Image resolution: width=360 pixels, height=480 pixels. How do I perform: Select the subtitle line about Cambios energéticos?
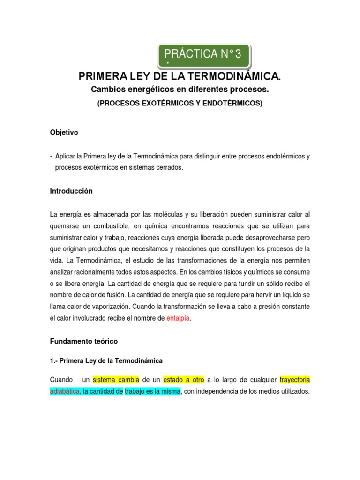(180, 89)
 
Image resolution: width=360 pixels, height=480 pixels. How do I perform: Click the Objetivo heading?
(64, 133)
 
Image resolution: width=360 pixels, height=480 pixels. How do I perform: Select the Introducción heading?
(71, 191)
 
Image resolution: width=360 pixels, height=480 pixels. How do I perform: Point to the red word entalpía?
(179, 318)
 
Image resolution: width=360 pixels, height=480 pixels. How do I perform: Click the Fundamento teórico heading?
(84, 341)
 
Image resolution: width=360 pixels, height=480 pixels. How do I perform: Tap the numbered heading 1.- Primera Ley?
(106, 360)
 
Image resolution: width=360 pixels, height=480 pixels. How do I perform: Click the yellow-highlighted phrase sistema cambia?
(116, 379)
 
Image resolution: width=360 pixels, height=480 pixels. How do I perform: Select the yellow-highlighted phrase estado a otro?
(183, 379)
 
